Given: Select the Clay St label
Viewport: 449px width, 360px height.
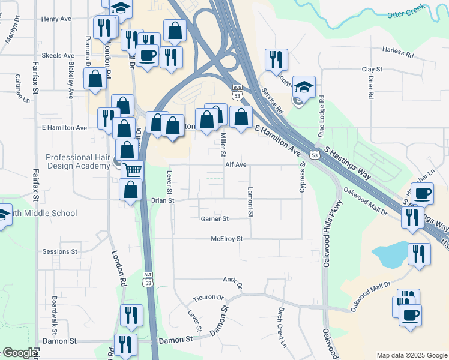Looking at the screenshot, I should coord(372,70).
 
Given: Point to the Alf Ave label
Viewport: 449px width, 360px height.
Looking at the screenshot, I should coord(236,164).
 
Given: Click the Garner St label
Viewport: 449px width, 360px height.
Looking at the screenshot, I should coord(215,219).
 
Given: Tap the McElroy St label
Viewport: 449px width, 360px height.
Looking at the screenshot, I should coord(226,239).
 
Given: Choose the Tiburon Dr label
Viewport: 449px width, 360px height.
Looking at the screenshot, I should coord(208,298).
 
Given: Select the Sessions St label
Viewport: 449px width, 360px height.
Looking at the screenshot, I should coord(60,252).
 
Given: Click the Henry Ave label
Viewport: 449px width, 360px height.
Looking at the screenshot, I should coord(56,19).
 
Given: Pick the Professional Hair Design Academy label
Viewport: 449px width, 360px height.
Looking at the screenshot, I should coord(77,161).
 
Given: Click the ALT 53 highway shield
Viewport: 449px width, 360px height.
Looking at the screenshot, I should coord(148,278).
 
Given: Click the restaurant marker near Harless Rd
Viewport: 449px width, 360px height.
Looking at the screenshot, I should coord(276,59).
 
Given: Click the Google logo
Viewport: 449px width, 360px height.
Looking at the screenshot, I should coord(20,353).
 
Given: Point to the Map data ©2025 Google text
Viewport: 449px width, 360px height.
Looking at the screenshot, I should coord(411,355).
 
